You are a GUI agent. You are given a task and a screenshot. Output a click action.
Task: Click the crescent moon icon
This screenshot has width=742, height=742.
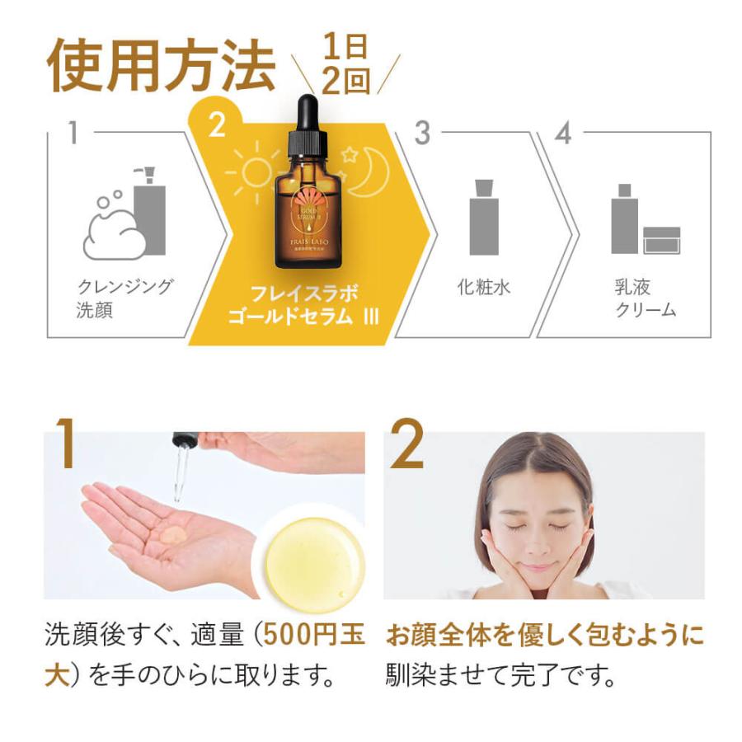tap(370, 169)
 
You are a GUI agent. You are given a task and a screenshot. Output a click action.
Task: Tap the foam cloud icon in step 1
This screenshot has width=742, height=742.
tap(115, 231)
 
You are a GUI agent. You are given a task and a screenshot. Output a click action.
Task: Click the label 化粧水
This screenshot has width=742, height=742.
tap(484, 287)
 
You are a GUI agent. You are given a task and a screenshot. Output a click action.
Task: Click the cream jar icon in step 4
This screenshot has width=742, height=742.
tap(661, 240)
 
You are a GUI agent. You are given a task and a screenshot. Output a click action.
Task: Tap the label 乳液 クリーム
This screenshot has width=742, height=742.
tap(643, 298)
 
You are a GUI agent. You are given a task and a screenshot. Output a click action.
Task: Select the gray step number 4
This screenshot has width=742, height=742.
tap(564, 134)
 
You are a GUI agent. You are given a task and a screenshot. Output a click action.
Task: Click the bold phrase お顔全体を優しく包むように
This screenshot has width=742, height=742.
tap(545, 636)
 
